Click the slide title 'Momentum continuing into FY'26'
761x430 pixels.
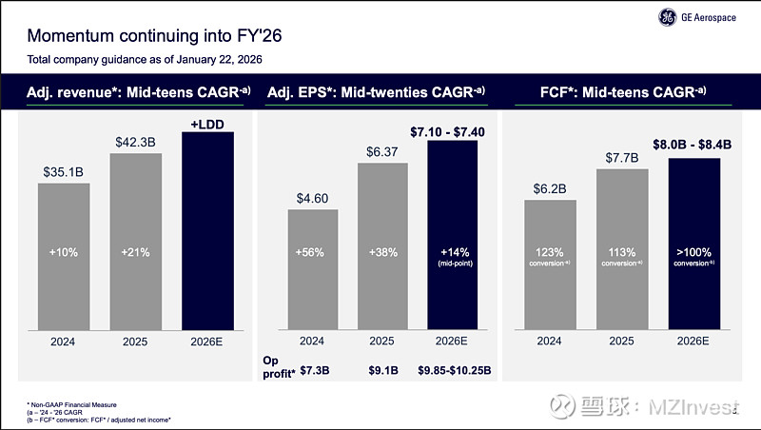153,37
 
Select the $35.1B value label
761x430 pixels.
64,172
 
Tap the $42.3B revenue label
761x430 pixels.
136,142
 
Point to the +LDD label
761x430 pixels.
207,123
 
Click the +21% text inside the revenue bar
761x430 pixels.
136,252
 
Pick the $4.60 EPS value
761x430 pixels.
313,198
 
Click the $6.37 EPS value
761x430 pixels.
382,151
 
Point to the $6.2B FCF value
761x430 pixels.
550,188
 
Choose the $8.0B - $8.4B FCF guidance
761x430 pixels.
693,146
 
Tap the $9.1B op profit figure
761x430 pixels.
382,369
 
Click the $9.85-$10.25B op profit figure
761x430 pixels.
453,369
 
